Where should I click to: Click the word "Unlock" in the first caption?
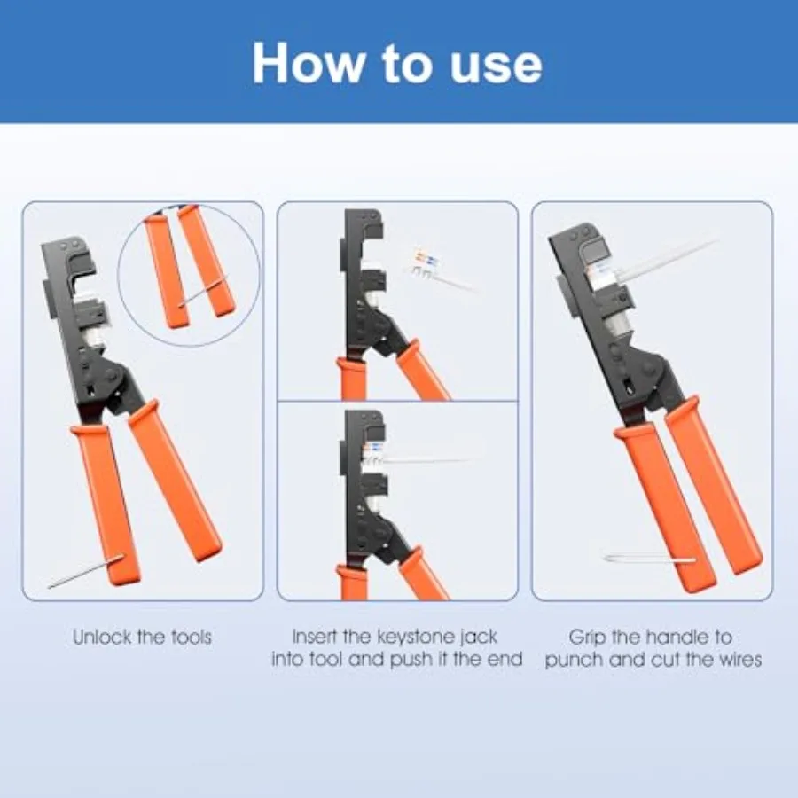click(x=102, y=637)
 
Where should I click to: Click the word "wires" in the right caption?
click(x=740, y=660)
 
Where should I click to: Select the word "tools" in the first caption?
click(x=190, y=637)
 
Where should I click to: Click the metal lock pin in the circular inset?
click(x=202, y=291)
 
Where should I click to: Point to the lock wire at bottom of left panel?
click(x=84, y=572)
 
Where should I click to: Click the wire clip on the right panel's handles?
click(x=649, y=559)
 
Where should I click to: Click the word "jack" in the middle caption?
click(x=480, y=638)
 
